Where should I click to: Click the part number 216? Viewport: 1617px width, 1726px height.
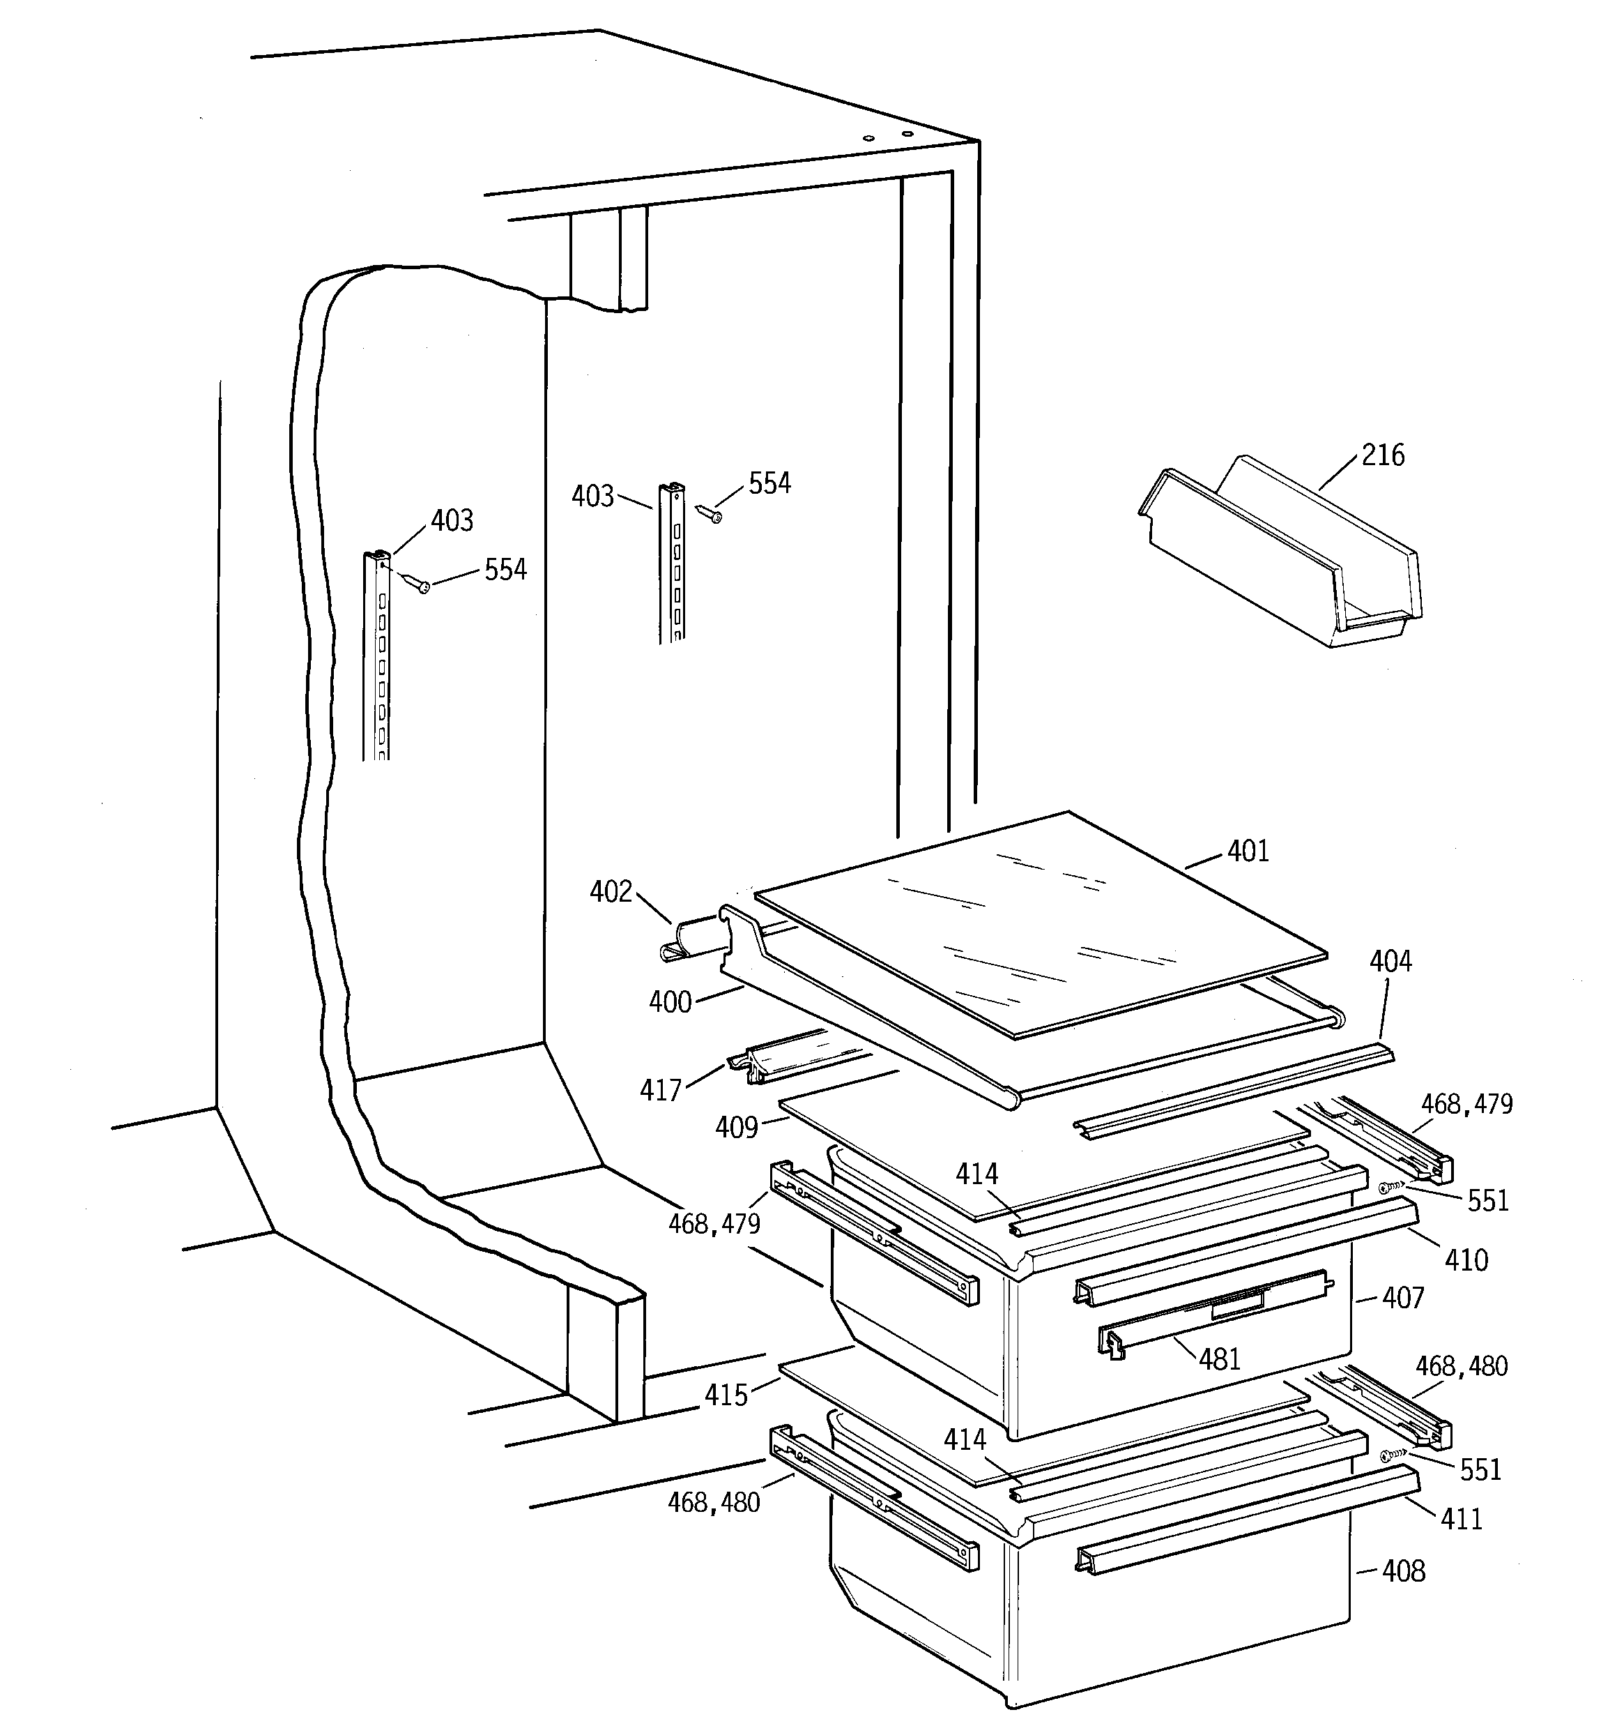coord(1383,455)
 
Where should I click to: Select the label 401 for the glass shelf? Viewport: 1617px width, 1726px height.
coord(1248,851)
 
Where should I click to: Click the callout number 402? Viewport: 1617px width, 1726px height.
coord(611,892)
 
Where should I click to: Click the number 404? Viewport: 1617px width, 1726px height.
coord(1390,961)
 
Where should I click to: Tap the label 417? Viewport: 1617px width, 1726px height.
coord(661,1091)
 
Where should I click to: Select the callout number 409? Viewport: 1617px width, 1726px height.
coord(737,1128)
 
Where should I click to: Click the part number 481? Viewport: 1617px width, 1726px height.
coord(1220,1358)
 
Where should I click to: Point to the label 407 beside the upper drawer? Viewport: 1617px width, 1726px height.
coord(1402,1298)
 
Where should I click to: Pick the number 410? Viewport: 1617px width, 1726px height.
coord(1466,1259)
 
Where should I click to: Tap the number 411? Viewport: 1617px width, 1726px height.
coord(1462,1518)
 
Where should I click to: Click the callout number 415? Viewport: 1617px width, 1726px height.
coord(726,1395)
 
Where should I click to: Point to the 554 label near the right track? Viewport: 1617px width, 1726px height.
coord(769,483)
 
